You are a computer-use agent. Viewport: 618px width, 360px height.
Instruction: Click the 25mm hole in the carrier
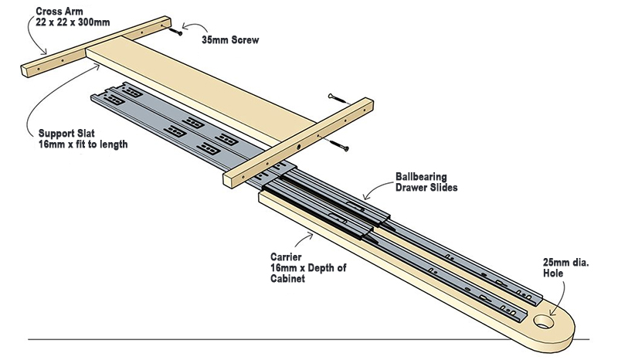pos(543,321)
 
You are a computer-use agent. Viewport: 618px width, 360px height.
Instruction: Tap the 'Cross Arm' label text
pos(59,11)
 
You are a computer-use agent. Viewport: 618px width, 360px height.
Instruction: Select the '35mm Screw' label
pos(230,40)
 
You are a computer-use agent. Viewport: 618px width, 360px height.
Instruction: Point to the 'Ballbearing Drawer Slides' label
pos(426,182)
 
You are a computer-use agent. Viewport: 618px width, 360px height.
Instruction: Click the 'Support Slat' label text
pos(66,134)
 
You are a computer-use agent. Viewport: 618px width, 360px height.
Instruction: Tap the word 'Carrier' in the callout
pos(286,257)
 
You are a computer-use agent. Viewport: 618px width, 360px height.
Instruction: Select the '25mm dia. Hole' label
pos(566,268)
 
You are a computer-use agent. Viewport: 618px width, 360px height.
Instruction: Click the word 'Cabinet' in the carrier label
pos(287,278)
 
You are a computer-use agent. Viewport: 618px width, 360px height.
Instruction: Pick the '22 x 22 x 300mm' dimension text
pos(73,22)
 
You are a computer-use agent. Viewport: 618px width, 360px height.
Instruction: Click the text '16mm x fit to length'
pos(83,144)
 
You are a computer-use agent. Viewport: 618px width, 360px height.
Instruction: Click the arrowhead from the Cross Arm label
pos(45,51)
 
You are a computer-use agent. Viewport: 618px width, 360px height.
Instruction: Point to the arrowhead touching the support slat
pos(97,67)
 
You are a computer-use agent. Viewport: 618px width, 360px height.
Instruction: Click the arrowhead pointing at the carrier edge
pos(311,236)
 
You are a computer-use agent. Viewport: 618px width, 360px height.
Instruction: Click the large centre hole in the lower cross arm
pos(299,147)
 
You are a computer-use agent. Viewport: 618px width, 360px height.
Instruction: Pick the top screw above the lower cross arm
pos(339,99)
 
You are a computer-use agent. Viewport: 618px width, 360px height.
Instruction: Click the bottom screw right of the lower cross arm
pos(340,145)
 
